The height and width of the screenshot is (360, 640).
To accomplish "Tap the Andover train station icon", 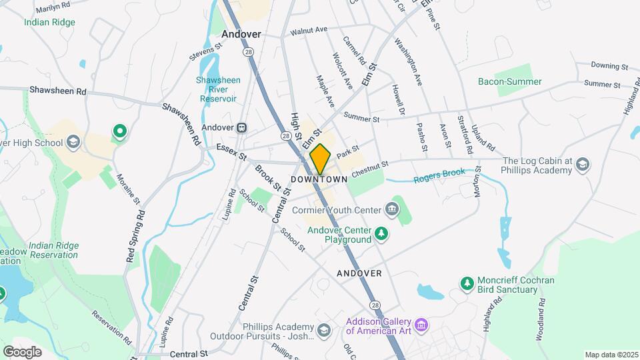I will [x=242, y=127].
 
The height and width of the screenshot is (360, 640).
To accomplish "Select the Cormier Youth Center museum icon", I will [x=392, y=211].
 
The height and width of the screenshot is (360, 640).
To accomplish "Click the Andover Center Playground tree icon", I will [x=381, y=233].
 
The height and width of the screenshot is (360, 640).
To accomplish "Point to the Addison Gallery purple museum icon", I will [x=420, y=325].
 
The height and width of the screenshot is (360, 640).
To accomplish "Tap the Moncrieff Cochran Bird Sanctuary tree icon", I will [x=467, y=285].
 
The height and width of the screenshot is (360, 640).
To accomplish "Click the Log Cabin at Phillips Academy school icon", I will [x=583, y=165].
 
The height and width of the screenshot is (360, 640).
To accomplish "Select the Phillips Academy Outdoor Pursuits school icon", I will [x=323, y=331].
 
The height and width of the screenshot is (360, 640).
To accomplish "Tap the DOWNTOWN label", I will [x=319, y=180].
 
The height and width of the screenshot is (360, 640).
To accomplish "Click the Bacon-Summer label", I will [x=510, y=82].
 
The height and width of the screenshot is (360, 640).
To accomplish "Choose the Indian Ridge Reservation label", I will [x=53, y=250].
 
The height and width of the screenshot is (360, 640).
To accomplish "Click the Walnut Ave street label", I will [x=309, y=31].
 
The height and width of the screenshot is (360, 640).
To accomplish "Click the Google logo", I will [x=22, y=351].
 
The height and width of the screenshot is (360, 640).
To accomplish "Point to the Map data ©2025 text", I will [x=611, y=355].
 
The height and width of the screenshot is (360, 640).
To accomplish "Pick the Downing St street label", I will [x=610, y=66].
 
